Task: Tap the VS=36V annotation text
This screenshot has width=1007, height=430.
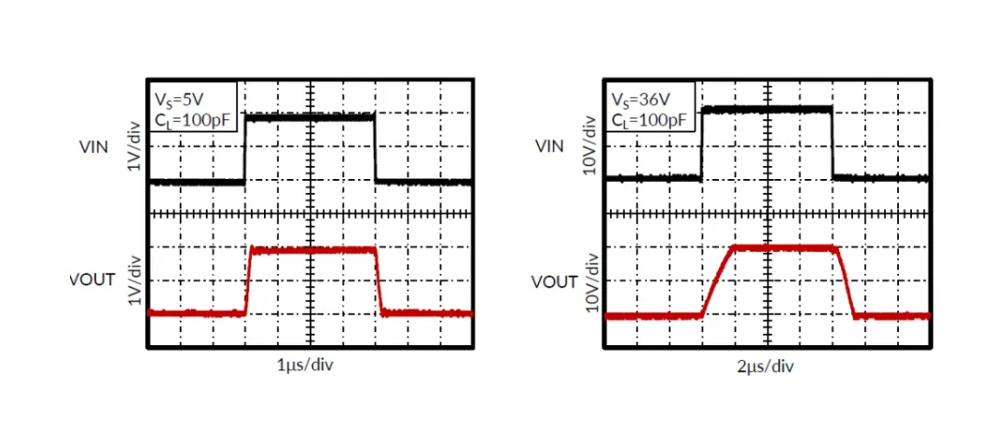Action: (x=639, y=100)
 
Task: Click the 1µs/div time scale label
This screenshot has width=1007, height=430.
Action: (x=305, y=366)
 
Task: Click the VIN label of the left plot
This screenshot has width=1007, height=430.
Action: (x=93, y=146)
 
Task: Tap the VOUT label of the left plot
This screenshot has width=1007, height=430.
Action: (x=91, y=280)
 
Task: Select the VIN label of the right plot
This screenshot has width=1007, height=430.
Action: (x=549, y=146)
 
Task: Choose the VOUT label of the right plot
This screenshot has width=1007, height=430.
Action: (x=554, y=283)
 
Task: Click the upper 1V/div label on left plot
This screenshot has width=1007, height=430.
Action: (x=132, y=146)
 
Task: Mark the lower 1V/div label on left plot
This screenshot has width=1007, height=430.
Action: (x=132, y=280)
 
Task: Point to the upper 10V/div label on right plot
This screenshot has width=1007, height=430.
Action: (x=591, y=146)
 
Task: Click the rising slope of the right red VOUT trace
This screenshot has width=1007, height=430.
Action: (x=717, y=281)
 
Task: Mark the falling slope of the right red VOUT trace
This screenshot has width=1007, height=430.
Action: (x=846, y=281)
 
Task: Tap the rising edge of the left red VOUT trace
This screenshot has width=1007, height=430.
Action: (x=249, y=281)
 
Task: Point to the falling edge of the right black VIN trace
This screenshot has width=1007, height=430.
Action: (x=833, y=144)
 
